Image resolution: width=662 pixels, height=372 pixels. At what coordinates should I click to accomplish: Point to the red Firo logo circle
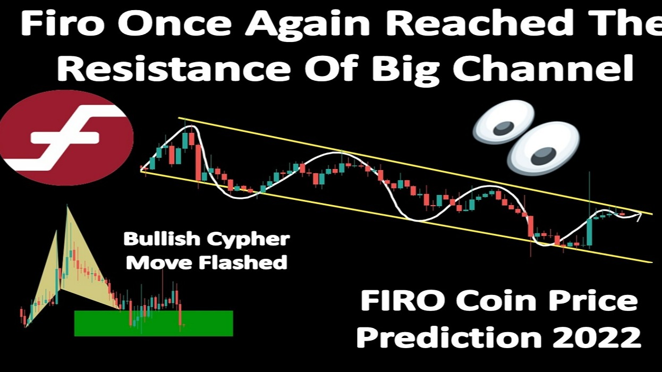pos(66,137)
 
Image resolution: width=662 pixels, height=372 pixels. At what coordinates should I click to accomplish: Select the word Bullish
pos(160,239)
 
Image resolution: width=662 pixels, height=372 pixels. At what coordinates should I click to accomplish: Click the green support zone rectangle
pos(154,323)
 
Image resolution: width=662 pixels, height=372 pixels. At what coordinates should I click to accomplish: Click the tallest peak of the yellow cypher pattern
pos(67,206)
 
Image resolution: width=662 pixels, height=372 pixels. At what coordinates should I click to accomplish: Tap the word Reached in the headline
pos(446,25)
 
